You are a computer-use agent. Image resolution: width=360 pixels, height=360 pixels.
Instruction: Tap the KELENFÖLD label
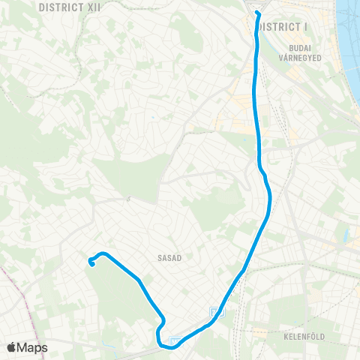pyautogui.click(x=304, y=337)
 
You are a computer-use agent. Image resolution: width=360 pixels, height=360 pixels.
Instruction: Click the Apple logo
pyautogui.click(x=11, y=348)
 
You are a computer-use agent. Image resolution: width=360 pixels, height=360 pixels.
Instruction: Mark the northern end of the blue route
pyautogui.click(x=256, y=13)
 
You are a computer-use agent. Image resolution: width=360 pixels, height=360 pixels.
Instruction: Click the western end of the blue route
pyautogui.click(x=91, y=262)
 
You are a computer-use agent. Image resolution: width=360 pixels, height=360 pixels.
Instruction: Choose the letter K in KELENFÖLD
pyautogui.click(x=286, y=337)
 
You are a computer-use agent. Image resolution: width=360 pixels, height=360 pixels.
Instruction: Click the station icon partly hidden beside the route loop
pyautogui.click(x=175, y=341)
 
